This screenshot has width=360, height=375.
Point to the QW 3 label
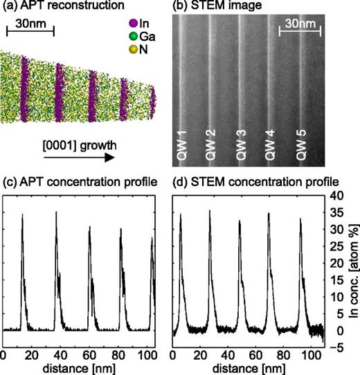click(242, 147)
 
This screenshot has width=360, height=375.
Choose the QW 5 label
click(302, 147)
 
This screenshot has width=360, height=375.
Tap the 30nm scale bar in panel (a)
click(30, 33)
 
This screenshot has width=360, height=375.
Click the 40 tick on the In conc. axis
click(335, 196)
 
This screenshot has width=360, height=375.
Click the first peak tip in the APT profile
click(23, 214)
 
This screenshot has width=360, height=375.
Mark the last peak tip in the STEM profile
click(301, 219)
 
